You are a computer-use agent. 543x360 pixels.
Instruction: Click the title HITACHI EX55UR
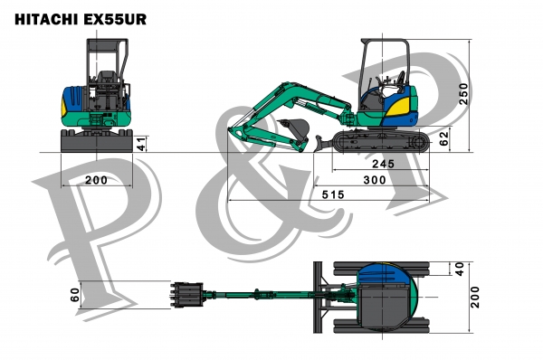pyautogui.click(x=81, y=19)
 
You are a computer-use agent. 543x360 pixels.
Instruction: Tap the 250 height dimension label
pyautogui.click(x=463, y=93)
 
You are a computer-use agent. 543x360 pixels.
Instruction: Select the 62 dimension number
pyautogui.click(x=443, y=138)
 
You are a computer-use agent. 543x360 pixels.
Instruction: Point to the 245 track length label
pyautogui.click(x=383, y=164)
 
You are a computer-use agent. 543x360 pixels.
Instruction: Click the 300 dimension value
pyautogui.click(x=375, y=180)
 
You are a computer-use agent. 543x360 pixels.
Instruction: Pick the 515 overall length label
pyautogui.click(x=333, y=194)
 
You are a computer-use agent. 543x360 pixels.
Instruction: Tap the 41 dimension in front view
pyautogui.click(x=141, y=143)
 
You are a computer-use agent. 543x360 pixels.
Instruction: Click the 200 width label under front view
pyautogui.click(x=96, y=180)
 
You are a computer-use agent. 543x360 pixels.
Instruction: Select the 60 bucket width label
pyautogui.click(x=75, y=295)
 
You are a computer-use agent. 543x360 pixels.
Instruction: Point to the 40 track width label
pyautogui.click(x=459, y=269)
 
